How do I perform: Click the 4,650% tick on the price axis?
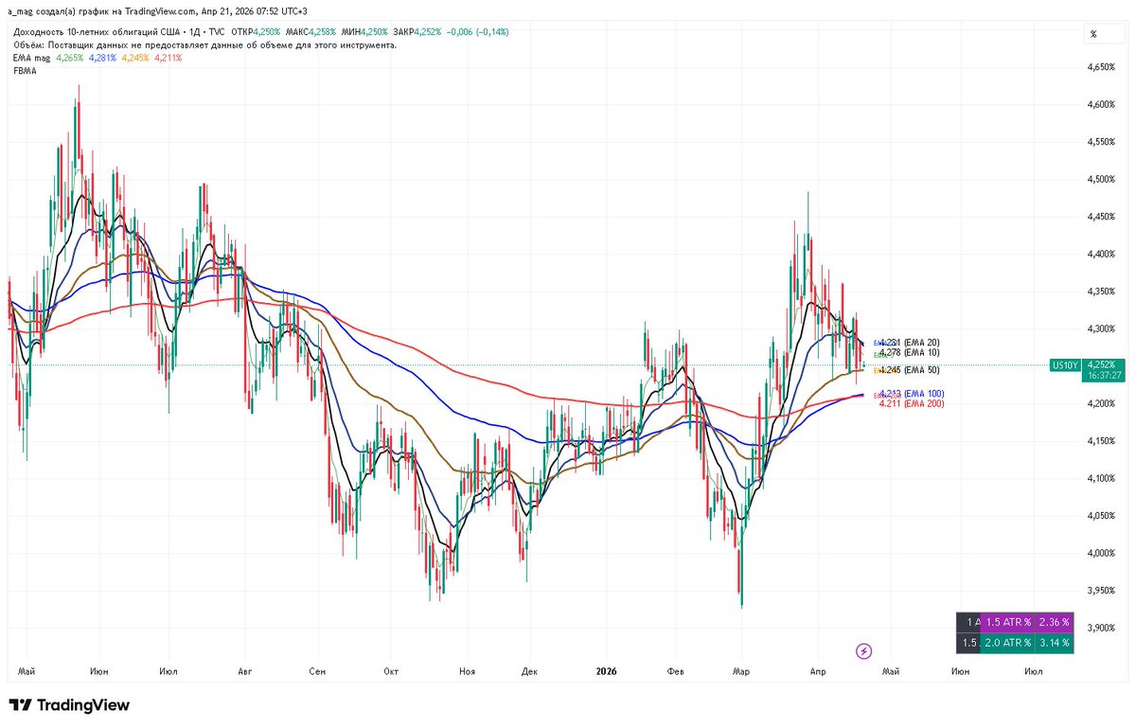pos(1101,67)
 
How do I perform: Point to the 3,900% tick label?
pos(1101,628)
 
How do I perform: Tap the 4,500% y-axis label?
pos(1101,179)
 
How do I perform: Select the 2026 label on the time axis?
pos(606,671)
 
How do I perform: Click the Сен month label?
pos(317,671)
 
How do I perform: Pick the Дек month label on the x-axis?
pos(529,671)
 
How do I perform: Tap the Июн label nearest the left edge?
pos(99,671)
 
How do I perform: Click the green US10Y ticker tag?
pos(1063,364)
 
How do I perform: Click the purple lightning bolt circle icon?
pos(863,650)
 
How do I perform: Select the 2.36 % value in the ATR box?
pos(1054,622)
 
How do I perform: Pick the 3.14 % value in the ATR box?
pos(1054,643)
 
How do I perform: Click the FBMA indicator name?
pos(25,70)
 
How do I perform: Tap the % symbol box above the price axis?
pos(1093,34)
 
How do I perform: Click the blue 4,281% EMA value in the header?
pos(102,58)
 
